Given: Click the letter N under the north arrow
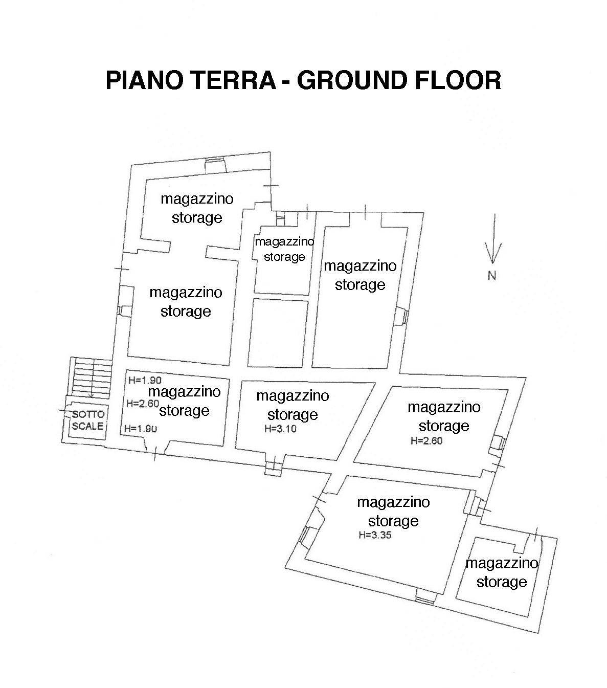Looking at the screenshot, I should (x=492, y=276).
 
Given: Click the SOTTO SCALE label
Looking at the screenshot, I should (x=87, y=420).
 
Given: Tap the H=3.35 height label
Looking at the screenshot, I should (x=375, y=536).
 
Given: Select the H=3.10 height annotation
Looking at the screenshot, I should (x=280, y=429).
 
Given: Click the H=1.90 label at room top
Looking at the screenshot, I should (x=145, y=380).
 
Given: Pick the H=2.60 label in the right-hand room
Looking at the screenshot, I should (x=426, y=440).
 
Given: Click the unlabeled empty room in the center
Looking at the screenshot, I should (x=278, y=333).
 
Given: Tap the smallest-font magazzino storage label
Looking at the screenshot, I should (x=284, y=249).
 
